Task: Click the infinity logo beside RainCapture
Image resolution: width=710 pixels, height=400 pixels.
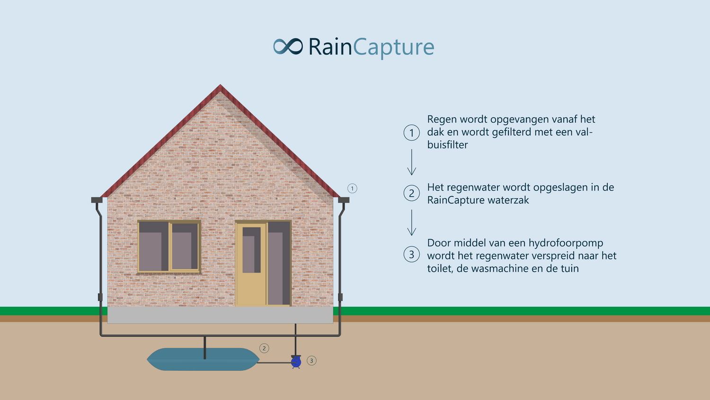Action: (x=288, y=46)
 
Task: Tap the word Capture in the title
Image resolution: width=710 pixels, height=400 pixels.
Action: (x=393, y=47)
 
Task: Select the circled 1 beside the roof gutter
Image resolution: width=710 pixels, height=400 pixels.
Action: (x=352, y=189)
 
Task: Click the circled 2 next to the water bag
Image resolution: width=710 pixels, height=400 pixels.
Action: (x=264, y=348)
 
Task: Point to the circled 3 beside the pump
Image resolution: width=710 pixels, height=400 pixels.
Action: (x=311, y=361)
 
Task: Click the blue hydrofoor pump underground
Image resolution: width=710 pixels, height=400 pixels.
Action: (x=296, y=362)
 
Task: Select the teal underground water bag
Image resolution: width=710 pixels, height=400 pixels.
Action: (x=203, y=359)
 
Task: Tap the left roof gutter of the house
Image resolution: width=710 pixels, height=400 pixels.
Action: (x=97, y=200)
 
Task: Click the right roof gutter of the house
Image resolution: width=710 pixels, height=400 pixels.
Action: (x=344, y=200)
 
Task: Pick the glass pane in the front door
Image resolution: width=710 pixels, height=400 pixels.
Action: (x=251, y=250)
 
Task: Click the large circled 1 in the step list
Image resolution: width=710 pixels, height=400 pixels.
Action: (x=411, y=133)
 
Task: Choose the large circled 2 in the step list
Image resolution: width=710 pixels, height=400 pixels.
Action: (x=411, y=193)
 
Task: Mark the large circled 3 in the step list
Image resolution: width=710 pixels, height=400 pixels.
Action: (x=411, y=255)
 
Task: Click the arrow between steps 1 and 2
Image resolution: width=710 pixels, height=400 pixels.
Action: (x=411, y=162)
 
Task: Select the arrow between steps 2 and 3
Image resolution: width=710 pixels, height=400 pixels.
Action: (x=411, y=223)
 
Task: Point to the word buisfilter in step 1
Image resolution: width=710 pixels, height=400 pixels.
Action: (x=447, y=145)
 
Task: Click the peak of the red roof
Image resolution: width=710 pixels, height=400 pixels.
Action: (x=220, y=85)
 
